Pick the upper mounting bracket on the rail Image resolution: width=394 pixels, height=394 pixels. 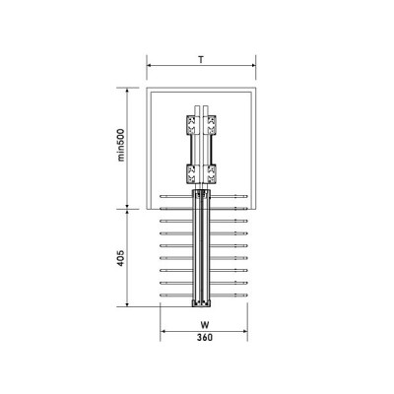[201, 126]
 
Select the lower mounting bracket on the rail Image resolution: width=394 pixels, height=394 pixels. [201, 174]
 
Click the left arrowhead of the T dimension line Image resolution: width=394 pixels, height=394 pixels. [149, 69]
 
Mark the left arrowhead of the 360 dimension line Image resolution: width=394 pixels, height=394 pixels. [163, 330]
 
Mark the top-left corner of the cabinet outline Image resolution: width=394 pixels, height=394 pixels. [149, 88]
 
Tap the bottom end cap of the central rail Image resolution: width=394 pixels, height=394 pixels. [201, 302]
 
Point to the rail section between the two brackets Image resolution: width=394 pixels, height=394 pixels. [201, 150]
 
